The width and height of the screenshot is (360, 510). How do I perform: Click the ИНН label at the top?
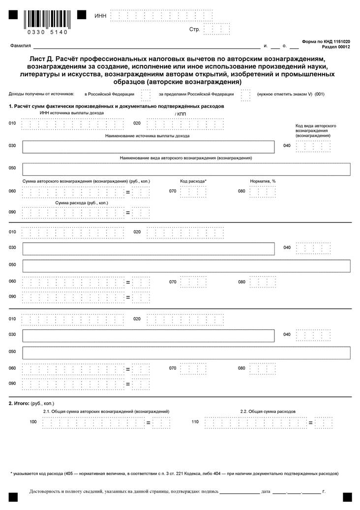coord(100,16)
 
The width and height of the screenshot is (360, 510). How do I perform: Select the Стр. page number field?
coord(216,30)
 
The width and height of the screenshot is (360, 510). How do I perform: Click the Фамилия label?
coord(20,46)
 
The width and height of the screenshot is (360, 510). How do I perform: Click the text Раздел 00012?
coord(336,47)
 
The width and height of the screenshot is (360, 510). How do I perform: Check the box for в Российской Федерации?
coord(146,94)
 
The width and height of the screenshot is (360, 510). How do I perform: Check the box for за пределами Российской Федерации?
coord(246,94)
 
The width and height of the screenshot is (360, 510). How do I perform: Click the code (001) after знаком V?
coord(320,94)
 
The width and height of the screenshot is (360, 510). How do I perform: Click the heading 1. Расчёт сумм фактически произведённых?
coord(117,106)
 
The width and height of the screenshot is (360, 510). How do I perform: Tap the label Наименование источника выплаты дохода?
coord(148,136)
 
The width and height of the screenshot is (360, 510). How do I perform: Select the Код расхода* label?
coord(193,181)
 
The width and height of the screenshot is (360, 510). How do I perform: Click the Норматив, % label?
coord(263,181)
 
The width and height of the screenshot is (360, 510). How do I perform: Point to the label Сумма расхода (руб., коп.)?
coord(82,202)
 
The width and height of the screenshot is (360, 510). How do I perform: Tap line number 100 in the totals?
coord(33,422)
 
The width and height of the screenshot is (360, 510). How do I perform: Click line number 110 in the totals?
coord(195,422)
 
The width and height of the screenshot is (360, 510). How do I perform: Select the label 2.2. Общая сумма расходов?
coord(268,411)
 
